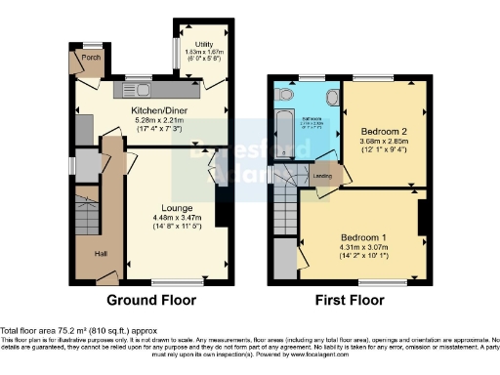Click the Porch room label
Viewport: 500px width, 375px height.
point(91,57)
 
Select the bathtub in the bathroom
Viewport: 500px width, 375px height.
point(282,130)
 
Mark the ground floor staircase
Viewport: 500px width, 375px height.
point(86,211)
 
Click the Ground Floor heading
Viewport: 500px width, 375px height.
point(150,300)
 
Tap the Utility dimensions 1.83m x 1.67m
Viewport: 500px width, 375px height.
point(203,54)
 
